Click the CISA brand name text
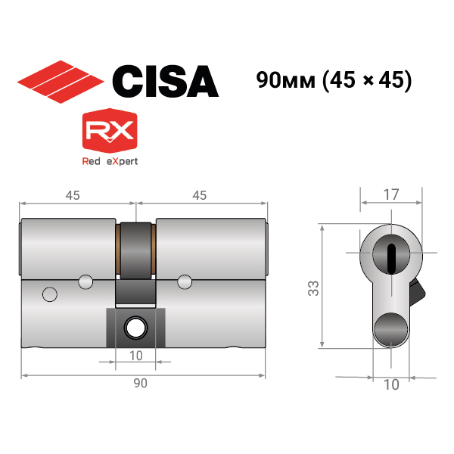pos(165,81)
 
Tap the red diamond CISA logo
pos(61,82)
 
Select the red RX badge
pos(110,131)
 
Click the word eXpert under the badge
pos(122,161)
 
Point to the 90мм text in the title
pos(285,80)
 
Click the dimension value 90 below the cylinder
pos(141,383)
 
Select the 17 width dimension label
pos(391,194)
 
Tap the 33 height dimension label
pos(313,288)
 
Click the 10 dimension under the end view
pos(391,385)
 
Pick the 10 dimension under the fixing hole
pos(135,356)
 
